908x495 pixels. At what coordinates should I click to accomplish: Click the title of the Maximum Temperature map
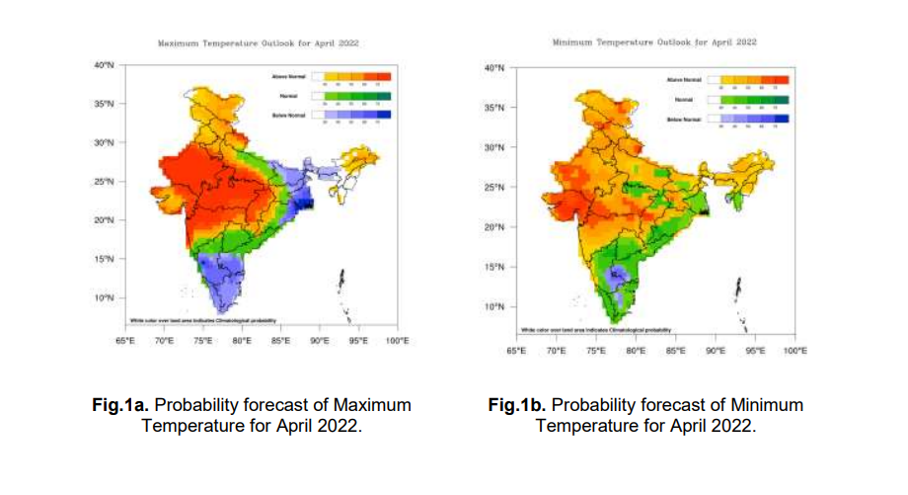259,43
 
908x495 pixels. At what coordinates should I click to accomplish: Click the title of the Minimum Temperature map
654,41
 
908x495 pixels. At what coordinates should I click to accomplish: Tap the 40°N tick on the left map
105,65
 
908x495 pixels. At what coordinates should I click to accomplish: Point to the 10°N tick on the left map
105,297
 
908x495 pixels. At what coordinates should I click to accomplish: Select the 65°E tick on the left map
125,340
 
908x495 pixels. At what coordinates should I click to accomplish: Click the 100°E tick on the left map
397,340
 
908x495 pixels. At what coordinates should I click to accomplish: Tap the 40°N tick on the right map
495,68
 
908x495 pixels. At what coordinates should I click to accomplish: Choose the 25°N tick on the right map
495,188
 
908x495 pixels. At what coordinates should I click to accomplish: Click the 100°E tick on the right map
795,350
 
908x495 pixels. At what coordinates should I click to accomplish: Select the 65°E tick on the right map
515,350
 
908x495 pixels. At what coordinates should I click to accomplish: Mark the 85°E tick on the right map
676,350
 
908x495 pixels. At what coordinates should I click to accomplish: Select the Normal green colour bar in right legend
755,100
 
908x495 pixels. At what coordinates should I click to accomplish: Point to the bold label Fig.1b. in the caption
517,405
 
